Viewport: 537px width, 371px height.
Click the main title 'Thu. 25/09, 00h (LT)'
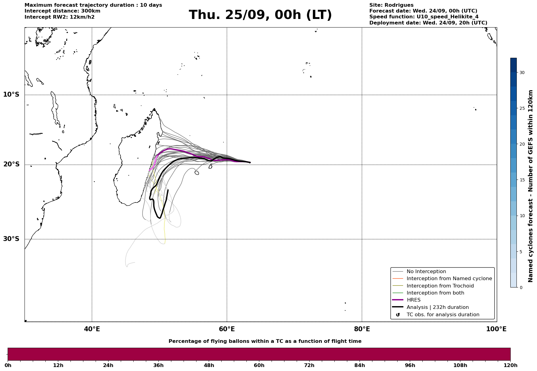pos(260,15)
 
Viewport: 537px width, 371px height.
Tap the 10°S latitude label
pos(11,95)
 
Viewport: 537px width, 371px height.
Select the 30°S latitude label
pos(11,239)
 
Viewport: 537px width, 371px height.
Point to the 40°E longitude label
pos(92,329)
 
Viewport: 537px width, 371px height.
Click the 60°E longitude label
pos(227,329)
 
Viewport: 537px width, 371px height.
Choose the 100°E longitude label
pos(496,329)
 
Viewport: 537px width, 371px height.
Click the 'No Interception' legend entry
pos(426,272)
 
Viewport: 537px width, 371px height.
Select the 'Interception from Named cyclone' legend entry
pos(449,279)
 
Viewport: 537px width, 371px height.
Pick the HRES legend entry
pos(413,300)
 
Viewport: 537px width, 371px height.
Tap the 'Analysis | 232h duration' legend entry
pos(437,307)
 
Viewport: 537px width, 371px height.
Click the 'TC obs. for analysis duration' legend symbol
pos(398,315)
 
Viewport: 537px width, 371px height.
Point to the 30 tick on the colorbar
pos(522,72)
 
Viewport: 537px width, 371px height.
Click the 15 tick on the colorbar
pos(522,180)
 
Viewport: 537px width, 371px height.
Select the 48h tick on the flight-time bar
pos(209,365)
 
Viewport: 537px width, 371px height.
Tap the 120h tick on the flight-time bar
pos(510,365)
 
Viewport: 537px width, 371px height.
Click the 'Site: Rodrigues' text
pos(391,5)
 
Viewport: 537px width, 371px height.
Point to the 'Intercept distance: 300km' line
pos(62,11)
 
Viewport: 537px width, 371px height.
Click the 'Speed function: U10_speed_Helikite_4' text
pos(424,17)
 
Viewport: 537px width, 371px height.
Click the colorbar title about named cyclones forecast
pos(531,186)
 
